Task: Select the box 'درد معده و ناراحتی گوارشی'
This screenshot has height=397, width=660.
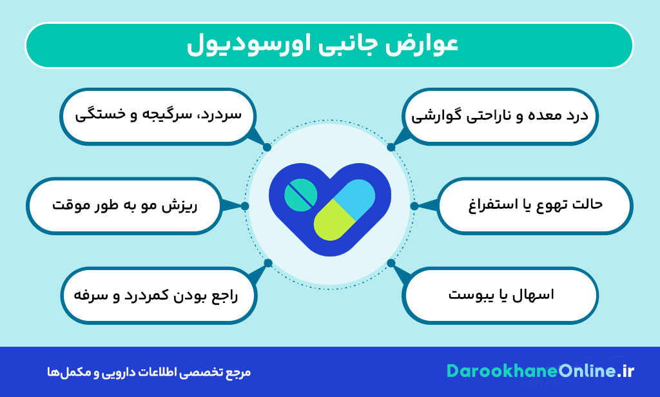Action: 500,116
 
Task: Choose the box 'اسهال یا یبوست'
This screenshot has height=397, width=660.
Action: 500,295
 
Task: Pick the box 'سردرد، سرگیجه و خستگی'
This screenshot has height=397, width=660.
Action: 158,116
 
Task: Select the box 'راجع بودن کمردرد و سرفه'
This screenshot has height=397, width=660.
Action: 158,295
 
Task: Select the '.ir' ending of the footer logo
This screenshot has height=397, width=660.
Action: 625,371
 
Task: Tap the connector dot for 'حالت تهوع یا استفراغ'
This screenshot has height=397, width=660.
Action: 414,206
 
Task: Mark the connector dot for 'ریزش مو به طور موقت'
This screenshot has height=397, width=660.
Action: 245,206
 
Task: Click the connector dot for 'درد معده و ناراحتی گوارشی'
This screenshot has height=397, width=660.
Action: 391,147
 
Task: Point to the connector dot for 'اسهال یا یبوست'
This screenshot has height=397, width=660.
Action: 391,263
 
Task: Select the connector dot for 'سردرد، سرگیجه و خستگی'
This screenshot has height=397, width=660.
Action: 267,147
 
